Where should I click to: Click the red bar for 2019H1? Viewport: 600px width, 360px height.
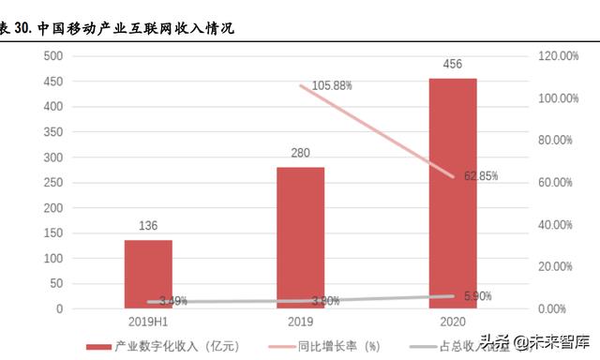pos(148,274)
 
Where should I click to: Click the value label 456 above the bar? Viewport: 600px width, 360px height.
pos(453,65)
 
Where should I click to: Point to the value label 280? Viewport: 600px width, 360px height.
pos(301,154)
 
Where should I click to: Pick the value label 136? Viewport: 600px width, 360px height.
pos(148,226)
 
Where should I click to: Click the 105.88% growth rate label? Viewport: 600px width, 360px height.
pos(332,85)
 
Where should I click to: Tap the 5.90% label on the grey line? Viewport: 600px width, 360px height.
pos(477,295)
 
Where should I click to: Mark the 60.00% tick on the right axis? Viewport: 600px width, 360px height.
pos(560,183)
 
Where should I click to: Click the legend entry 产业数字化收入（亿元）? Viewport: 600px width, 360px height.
pos(169,347)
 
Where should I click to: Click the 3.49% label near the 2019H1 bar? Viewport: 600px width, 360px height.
pos(172,301)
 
